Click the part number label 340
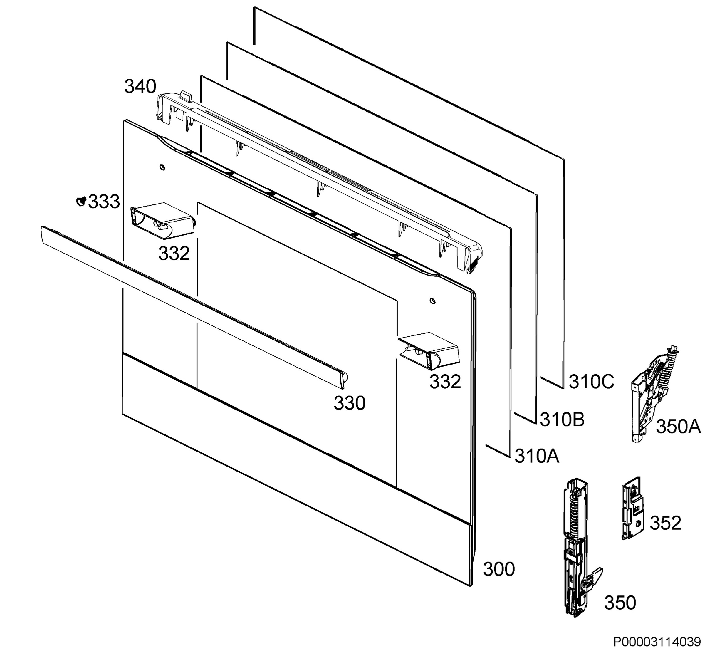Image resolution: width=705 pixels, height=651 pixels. tap(140, 87)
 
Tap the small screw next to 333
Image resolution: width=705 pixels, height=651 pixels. tap(81, 202)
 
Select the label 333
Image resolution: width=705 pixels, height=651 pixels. tap(104, 202)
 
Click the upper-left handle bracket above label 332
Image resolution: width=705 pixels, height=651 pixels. tap(163, 218)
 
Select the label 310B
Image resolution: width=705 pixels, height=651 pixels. tap(562, 419)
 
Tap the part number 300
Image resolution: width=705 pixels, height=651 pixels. tap(499, 569)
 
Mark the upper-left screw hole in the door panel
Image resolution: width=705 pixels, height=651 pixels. tap(162, 167)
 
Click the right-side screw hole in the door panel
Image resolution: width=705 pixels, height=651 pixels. tap(433, 301)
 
